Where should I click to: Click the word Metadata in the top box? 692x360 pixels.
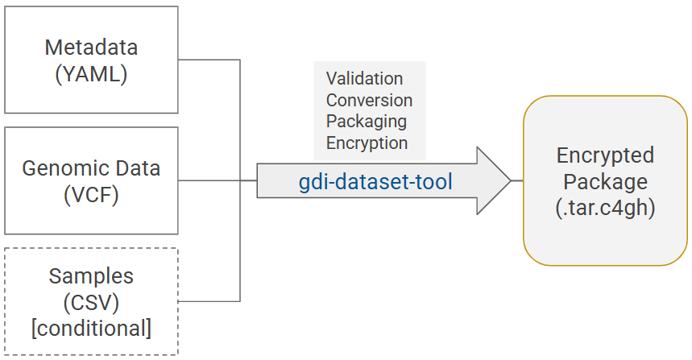pos(91,48)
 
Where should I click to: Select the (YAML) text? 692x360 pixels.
pos(91,74)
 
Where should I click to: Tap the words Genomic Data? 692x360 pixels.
pos(91,168)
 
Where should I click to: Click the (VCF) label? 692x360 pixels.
pos(91,195)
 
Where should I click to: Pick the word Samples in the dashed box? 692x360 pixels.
pos(91,276)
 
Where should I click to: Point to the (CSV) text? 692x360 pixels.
pos(91,303)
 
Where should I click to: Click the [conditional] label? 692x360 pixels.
pos(91,329)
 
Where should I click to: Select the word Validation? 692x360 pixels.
pos(364,79)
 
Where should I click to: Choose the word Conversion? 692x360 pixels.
pos(369,101)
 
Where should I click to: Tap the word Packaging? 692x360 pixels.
pos(366,122)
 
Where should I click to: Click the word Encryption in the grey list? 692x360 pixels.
pos(367,143)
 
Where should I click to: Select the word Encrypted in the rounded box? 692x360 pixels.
pos(605,155)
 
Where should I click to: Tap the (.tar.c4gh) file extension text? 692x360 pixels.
pos(605,207)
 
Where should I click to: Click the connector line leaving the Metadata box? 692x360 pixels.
pos(209,60)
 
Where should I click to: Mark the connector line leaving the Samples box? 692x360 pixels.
pos(209,301)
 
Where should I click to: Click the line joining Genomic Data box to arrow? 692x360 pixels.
pos(209,180)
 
